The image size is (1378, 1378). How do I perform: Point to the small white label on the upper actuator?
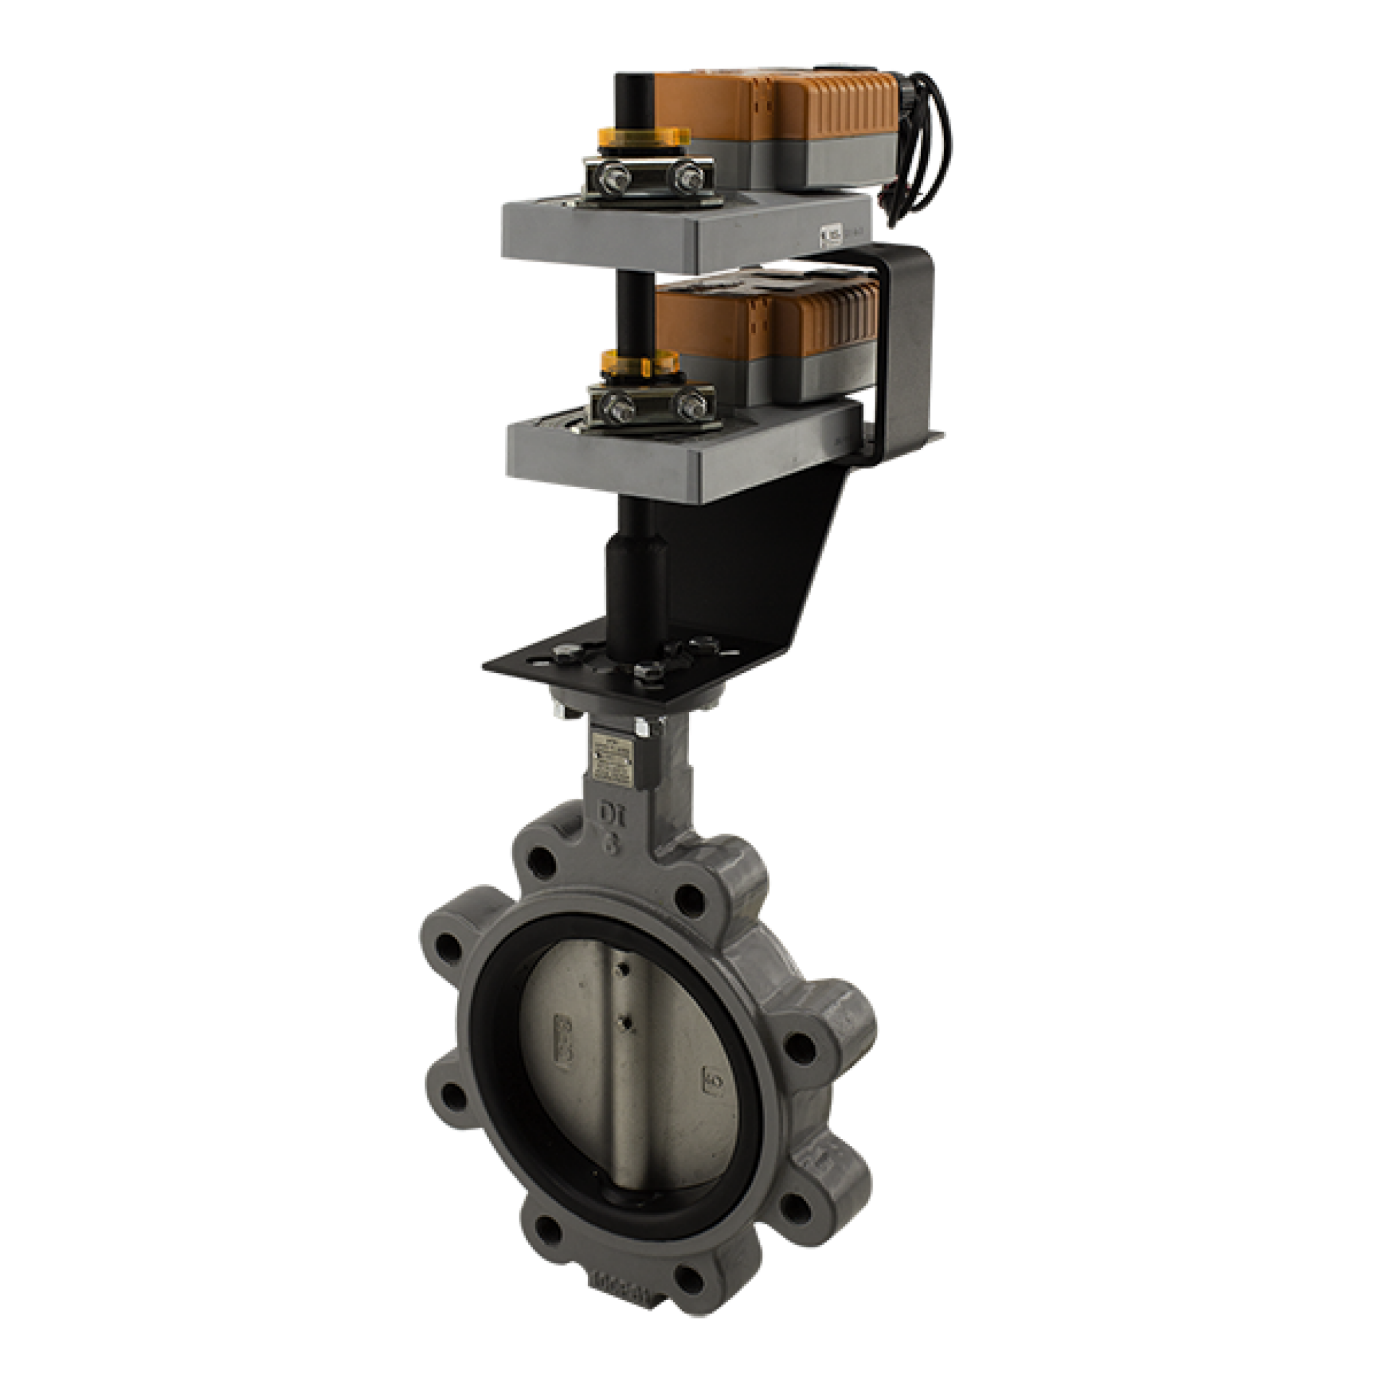832,233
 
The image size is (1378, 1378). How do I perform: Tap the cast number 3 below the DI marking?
613,844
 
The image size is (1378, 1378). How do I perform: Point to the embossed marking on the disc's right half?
715,1077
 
